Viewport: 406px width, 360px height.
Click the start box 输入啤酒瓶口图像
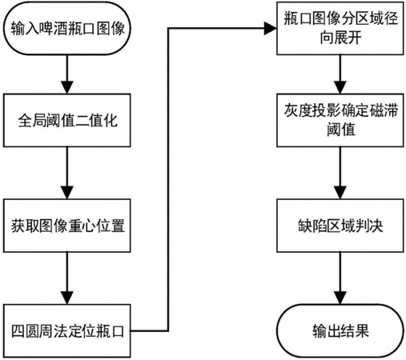pyautogui.click(x=67, y=28)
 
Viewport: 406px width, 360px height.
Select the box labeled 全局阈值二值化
pyautogui.click(x=67, y=120)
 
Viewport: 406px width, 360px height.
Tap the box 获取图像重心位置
pyautogui.click(x=67, y=226)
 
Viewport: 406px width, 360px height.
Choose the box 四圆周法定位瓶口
pyautogui.click(x=67, y=331)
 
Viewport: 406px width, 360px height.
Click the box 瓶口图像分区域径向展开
pyautogui.click(x=340, y=28)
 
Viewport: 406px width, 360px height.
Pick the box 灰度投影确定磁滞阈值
pyautogui.click(x=340, y=120)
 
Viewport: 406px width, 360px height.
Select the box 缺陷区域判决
pyautogui.click(x=340, y=226)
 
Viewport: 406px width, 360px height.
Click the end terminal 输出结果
pyautogui.click(x=340, y=331)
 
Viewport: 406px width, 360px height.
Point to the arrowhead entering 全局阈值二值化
pyautogui.click(x=67, y=87)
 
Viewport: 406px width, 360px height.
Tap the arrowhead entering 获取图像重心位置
pyautogui.click(x=67, y=193)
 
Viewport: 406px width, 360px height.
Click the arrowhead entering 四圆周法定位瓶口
pyautogui.click(x=67, y=298)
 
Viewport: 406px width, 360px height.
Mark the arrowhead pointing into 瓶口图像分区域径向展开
pyautogui.click(x=270, y=28)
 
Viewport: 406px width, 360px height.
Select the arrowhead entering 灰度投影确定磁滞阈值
pyautogui.click(x=340, y=87)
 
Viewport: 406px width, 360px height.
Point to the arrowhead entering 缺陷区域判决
pyautogui.click(x=340, y=193)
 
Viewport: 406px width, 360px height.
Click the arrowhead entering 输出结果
pyautogui.click(x=340, y=298)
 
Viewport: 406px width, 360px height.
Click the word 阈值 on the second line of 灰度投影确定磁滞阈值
pyautogui.click(x=341, y=130)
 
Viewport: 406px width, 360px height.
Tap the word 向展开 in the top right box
pyautogui.click(x=341, y=38)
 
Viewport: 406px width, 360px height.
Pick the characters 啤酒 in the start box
pyautogui.click(x=54, y=28)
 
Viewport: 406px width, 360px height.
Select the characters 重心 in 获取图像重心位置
pyautogui.click(x=82, y=226)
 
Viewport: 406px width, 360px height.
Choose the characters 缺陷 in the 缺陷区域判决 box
pyautogui.click(x=312, y=226)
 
